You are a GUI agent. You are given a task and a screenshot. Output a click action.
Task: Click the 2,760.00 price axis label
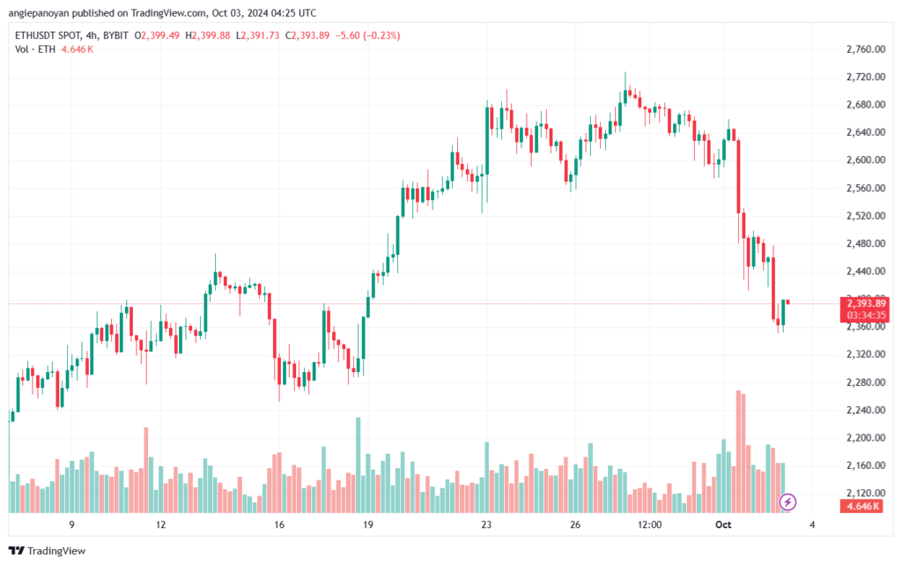point(866,49)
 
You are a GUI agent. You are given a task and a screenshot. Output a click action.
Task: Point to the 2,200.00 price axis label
point(866,438)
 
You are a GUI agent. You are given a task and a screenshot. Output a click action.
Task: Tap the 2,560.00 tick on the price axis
point(866,188)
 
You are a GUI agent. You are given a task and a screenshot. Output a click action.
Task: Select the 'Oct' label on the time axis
point(723,524)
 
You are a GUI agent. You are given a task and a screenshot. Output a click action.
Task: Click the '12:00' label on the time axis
point(649,524)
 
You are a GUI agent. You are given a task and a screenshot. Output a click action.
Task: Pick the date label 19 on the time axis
point(367,524)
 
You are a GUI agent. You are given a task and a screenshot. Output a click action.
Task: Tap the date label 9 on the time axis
point(71,524)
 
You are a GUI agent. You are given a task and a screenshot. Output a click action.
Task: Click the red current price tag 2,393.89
point(865,303)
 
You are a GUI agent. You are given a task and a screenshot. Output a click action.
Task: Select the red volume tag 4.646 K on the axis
point(861,506)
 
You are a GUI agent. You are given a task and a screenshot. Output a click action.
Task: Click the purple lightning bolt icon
point(787,502)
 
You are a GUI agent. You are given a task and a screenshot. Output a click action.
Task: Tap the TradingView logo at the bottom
point(48,551)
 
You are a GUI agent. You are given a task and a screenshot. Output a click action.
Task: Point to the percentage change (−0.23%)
point(381,35)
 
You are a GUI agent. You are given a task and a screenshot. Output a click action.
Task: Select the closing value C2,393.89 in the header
point(307,35)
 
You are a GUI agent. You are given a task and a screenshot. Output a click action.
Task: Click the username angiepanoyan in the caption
point(39,12)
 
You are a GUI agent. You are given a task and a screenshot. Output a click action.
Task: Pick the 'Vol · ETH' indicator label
point(35,49)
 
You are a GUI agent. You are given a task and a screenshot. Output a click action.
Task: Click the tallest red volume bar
point(738,451)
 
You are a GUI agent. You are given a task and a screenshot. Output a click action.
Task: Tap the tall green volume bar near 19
point(359,465)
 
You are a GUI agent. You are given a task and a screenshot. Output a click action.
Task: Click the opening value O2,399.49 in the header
point(157,35)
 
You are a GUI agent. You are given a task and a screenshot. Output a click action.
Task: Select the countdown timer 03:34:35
point(865,316)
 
